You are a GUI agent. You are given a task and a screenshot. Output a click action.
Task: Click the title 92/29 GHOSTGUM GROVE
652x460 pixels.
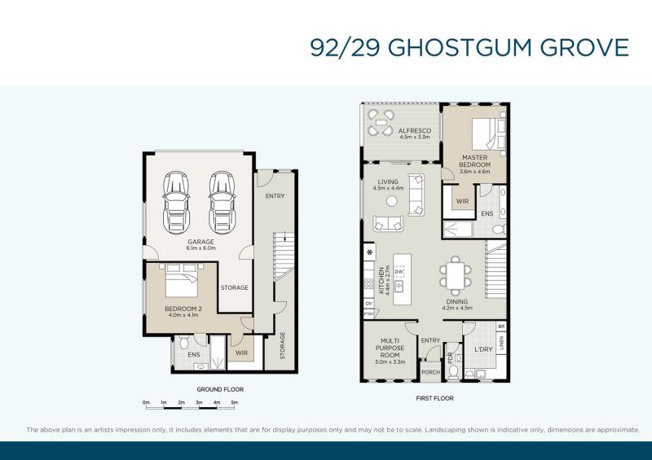click(x=469, y=47)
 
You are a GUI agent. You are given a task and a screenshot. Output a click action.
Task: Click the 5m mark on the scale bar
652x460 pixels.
click(x=234, y=402)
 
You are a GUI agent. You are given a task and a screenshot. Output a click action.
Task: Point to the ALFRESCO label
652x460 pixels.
click(x=414, y=134)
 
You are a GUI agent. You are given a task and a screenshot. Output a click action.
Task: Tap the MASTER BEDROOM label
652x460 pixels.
click(x=475, y=161)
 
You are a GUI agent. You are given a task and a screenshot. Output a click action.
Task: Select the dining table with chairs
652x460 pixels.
click(x=454, y=274)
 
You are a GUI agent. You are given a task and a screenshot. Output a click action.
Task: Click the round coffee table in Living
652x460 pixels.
click(x=392, y=200)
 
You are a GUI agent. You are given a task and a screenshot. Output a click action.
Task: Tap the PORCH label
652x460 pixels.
click(x=430, y=374)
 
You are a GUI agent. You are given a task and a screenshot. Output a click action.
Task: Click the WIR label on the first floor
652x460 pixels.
click(x=461, y=201)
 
